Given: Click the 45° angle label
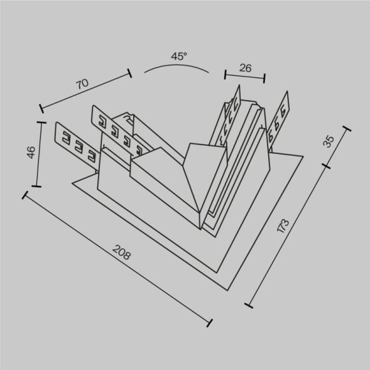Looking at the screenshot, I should tap(179, 57).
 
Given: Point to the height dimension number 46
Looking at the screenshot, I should tap(30, 153).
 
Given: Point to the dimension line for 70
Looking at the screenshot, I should tap(85, 92).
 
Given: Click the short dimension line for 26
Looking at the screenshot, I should tap(245, 77).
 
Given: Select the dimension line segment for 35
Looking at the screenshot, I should tap(337, 148).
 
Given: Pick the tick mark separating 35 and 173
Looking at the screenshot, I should tap(327, 166).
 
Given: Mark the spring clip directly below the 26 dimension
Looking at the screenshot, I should tap(230, 118).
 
